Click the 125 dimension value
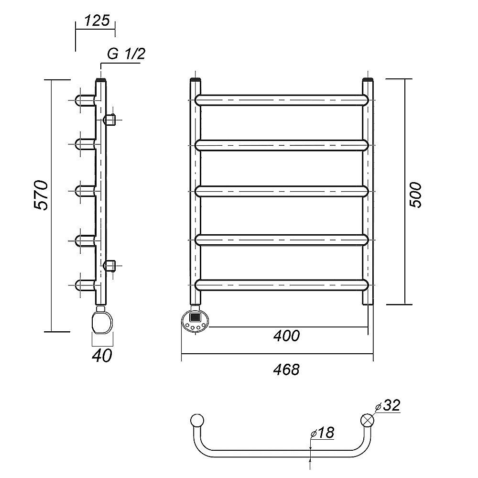[97, 21]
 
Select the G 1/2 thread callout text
[126, 54]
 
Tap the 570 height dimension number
[41, 195]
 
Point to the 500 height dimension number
[415, 195]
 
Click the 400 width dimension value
[286, 336]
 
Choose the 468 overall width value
[286, 369]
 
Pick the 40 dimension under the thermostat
[102, 356]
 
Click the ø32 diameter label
[388, 405]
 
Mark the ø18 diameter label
[322, 432]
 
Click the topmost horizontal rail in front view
[282, 100]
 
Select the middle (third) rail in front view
[282, 192]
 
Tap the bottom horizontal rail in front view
[282, 285]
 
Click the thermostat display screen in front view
[195, 317]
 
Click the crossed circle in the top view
[367, 420]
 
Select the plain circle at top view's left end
[197, 420]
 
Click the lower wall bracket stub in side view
[110, 265]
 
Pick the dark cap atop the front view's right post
[368, 80]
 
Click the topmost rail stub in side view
[85, 100]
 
